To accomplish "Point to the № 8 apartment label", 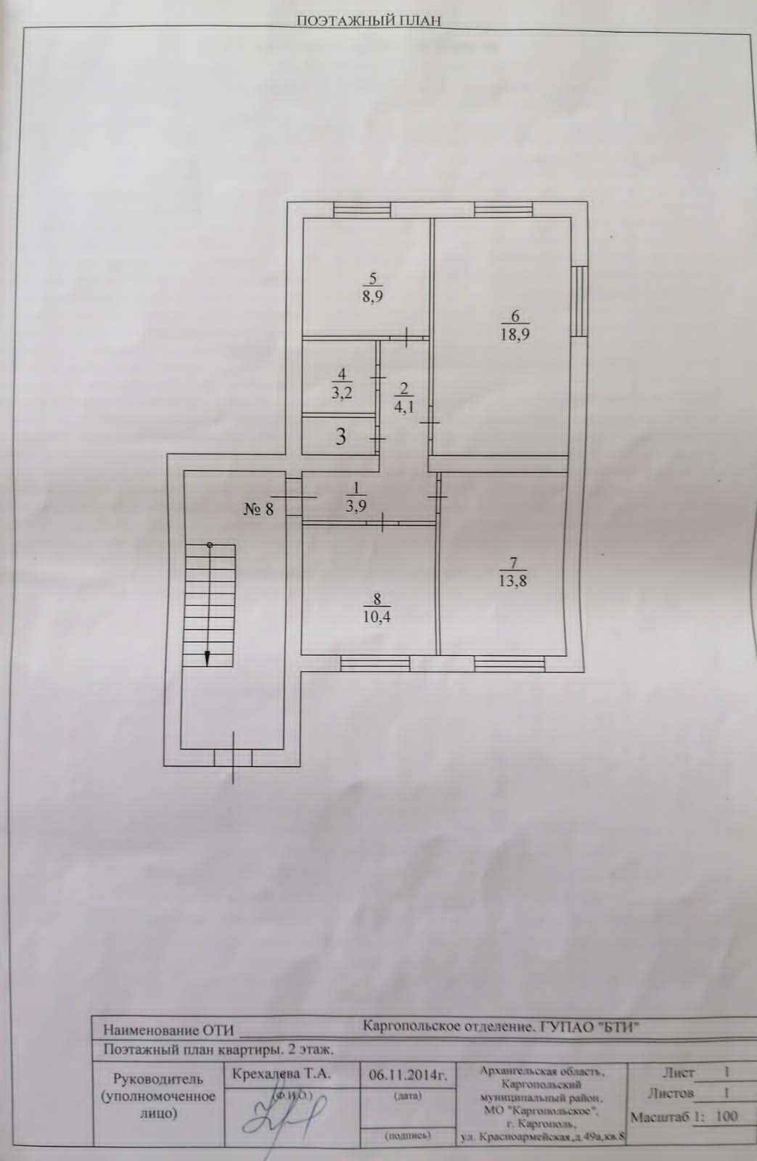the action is pyautogui.click(x=259, y=508).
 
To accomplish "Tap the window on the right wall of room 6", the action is pyautogui.click(x=578, y=301).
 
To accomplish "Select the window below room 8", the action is pyautogui.click(x=375, y=662).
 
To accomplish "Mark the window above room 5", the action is pyautogui.click(x=361, y=209).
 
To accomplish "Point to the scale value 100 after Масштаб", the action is pyautogui.click(x=726, y=1116).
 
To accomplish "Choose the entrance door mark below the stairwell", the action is pyautogui.click(x=233, y=758).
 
